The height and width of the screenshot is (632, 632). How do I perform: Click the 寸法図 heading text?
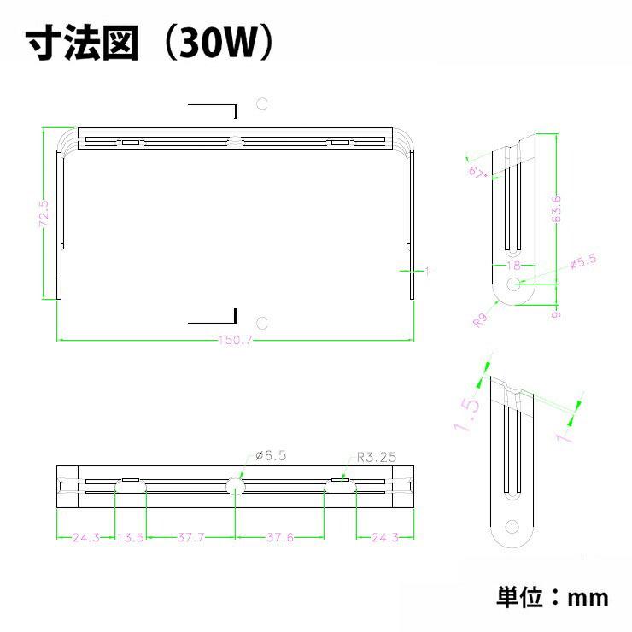tap(82, 44)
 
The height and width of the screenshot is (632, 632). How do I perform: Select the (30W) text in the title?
tap(217, 44)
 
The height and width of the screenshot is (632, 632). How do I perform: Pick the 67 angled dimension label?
tap(477, 173)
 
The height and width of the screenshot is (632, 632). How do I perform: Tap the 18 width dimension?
tap(512, 266)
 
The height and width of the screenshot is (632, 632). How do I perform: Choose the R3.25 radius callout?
tap(376, 457)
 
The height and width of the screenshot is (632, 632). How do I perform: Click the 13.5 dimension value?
tap(130, 538)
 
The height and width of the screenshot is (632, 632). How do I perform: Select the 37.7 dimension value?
tap(190, 538)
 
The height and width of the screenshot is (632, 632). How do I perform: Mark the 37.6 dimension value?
tap(279, 538)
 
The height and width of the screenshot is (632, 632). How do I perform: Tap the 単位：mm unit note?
tap(553, 596)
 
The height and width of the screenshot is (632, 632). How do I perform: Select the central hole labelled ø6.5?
tap(235, 485)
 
